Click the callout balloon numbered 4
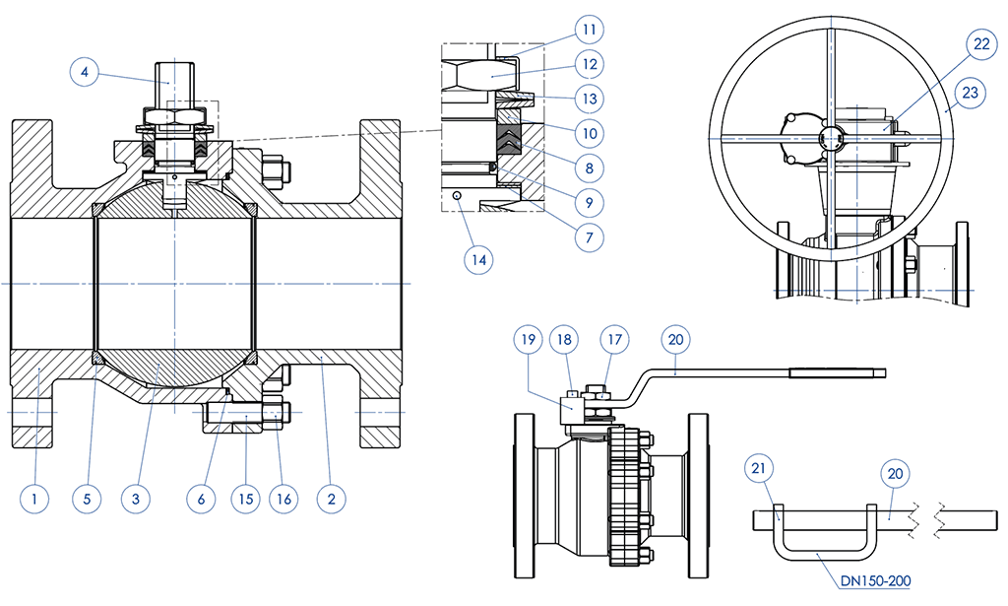point(87,72)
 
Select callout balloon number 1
point(34,499)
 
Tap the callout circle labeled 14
point(478,259)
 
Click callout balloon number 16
point(283,499)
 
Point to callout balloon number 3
point(136,499)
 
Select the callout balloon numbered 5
point(87,499)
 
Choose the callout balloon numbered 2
point(332,499)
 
